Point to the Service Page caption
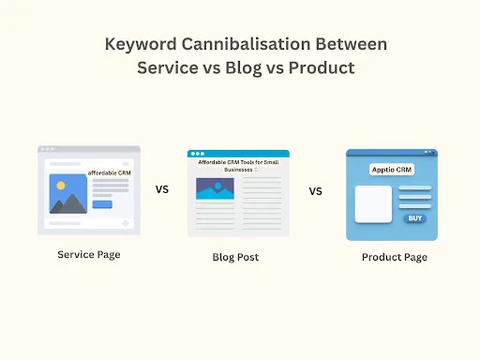click(x=88, y=254)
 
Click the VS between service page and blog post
click(x=162, y=188)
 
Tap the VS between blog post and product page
click(x=315, y=190)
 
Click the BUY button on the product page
click(x=413, y=217)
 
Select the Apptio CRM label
click(x=391, y=170)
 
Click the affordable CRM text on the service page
click(x=109, y=173)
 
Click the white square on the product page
click(x=372, y=203)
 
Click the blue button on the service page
click(x=102, y=203)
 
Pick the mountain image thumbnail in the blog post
click(x=215, y=187)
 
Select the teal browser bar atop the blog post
click(x=238, y=154)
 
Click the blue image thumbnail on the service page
click(x=67, y=194)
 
